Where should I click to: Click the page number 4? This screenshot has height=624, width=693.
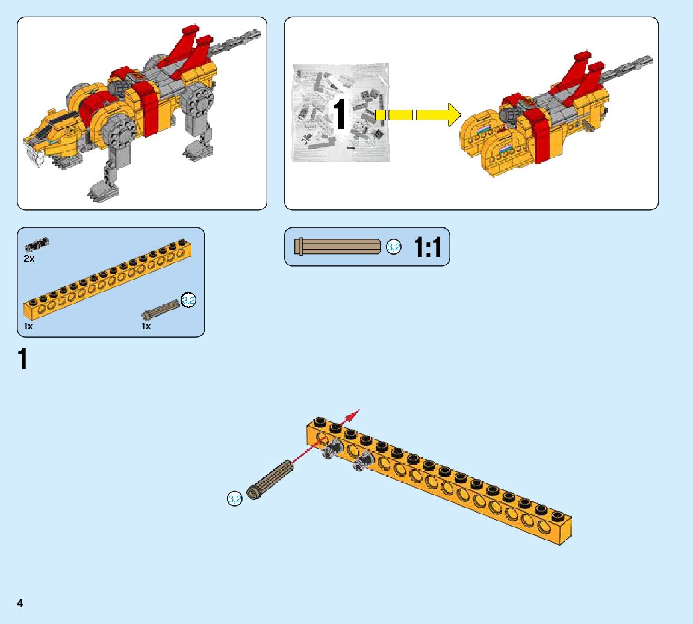click(x=20, y=603)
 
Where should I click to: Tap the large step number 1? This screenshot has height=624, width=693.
click(x=23, y=359)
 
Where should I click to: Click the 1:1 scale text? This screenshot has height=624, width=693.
click(x=427, y=247)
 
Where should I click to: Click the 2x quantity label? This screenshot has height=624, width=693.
click(x=30, y=258)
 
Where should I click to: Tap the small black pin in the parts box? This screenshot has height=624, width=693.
click(x=37, y=244)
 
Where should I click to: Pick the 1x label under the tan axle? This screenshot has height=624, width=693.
click(x=146, y=326)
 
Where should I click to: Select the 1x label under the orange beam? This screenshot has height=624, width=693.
click(x=28, y=326)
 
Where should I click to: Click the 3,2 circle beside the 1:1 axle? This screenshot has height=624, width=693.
click(x=393, y=247)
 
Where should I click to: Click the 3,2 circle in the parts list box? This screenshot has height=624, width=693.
click(x=188, y=300)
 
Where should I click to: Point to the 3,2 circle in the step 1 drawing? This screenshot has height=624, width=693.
click(x=234, y=499)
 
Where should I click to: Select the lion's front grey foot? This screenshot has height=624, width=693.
click(x=99, y=192)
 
